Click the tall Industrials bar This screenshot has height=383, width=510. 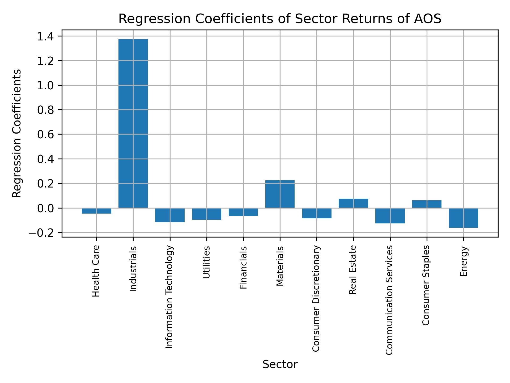pos(133,123)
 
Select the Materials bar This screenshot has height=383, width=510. pos(280,194)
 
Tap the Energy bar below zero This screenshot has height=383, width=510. pos(463,218)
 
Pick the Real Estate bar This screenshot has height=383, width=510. pos(353,203)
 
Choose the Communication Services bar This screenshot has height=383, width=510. pos(390,216)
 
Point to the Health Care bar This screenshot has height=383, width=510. pos(96,211)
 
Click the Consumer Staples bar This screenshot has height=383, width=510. pos(427,204)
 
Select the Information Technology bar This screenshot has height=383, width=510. pos(170,215)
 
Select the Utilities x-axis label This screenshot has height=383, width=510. pos(206,262)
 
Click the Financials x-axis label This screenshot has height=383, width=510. pos(243,268)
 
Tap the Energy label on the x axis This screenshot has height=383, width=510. pos(464,261)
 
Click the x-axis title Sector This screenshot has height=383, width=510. pos(280,364)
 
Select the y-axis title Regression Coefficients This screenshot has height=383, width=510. pos(17,134)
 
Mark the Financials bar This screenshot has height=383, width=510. pos(243,212)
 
